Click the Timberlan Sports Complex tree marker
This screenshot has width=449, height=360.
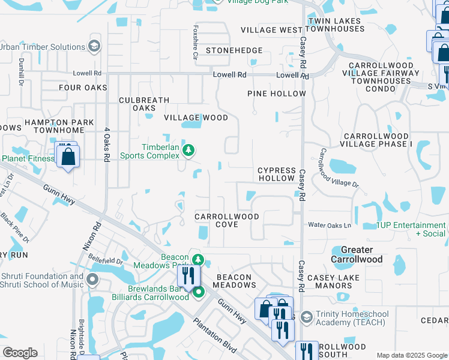pyautogui.click(x=188, y=150)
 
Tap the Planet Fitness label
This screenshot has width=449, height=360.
pyautogui.click(x=26, y=158)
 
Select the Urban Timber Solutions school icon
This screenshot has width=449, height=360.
pyautogui.click(x=94, y=46)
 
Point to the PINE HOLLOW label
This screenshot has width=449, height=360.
pyautogui.click(x=277, y=94)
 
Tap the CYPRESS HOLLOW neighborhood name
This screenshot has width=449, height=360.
pyautogui.click(x=276, y=175)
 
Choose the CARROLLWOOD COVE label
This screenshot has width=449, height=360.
pyautogui.click(x=217, y=220)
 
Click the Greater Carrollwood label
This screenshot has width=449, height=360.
pyautogui.click(x=357, y=254)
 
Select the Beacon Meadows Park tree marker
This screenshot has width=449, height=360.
pyautogui.click(x=199, y=260)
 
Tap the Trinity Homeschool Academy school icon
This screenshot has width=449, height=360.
pyautogui.click(x=306, y=316)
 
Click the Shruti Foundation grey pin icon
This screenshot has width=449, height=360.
pyautogui.click(x=92, y=280)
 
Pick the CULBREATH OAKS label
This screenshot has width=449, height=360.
pyautogui.click(x=144, y=104)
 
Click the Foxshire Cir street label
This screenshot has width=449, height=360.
pyautogui.click(x=195, y=42)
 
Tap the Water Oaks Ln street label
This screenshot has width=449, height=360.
pyautogui.click(x=329, y=226)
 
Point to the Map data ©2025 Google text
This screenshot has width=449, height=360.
pyautogui.click(x=412, y=355)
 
